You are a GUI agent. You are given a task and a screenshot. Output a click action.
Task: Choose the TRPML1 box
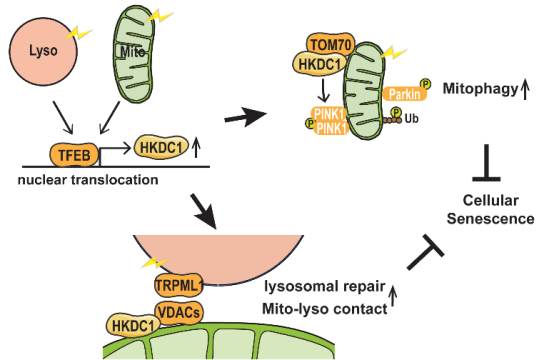[176, 286]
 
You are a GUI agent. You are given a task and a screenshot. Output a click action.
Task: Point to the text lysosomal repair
[329, 289]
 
